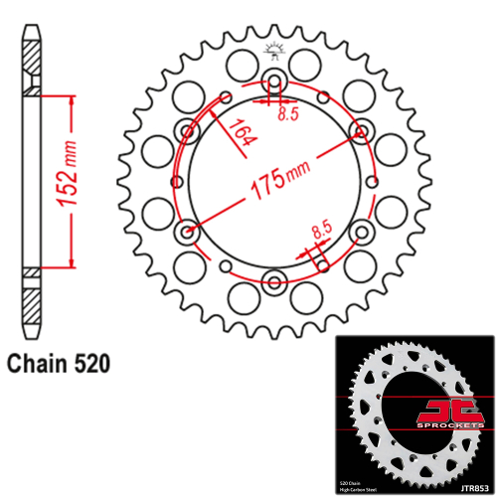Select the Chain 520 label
[58, 363]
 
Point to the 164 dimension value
[241, 132]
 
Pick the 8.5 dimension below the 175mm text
[320, 230]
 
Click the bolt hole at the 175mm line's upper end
[362, 131]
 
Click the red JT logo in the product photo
[438, 410]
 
